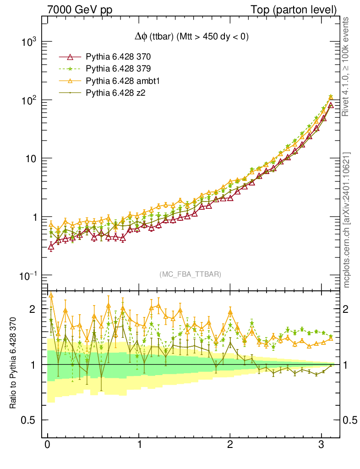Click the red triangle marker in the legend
click(x=70, y=57)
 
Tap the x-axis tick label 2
click(x=230, y=445)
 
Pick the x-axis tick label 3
click(x=322, y=445)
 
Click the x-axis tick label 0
click(x=47, y=445)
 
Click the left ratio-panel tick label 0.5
click(x=30, y=420)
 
